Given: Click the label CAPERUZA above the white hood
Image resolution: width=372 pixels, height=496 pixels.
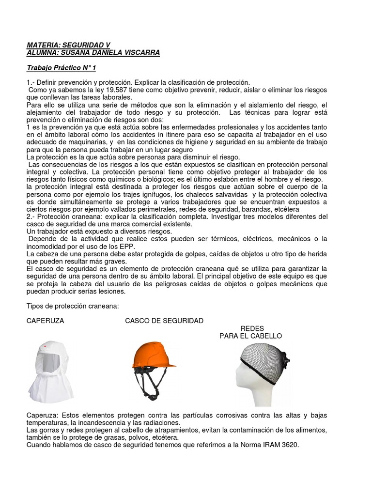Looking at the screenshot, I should [45, 321].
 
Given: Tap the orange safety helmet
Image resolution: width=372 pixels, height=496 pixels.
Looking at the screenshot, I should [153, 356].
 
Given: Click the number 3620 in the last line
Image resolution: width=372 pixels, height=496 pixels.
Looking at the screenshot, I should [289, 445].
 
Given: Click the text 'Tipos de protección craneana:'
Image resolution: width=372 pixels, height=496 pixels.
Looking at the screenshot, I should [73, 307].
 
